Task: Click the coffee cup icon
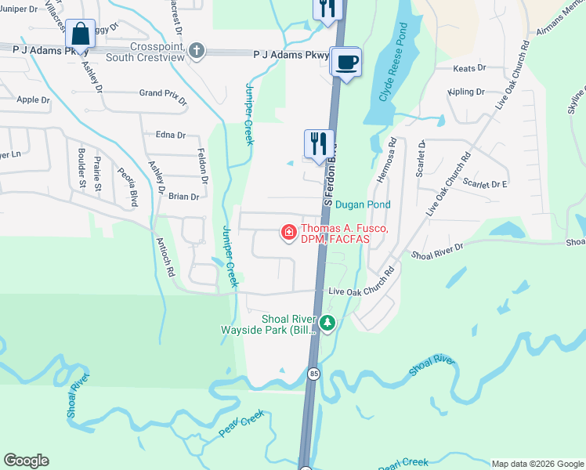tap(345, 62)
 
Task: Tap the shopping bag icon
tap(80, 34)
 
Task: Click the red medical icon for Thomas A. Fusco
tap(288, 232)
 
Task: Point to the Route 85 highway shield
tap(313, 373)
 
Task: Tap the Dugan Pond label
tap(363, 204)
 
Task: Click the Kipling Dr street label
tap(467, 92)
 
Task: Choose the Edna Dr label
tap(171, 135)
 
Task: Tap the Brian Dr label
tap(183, 197)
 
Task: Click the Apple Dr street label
tap(33, 99)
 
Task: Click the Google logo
tap(26, 461)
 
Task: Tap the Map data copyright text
tap(537, 463)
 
